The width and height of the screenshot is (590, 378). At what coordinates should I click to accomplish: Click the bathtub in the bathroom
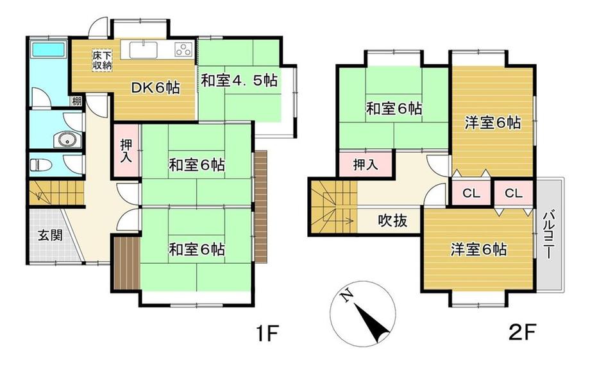(48, 49)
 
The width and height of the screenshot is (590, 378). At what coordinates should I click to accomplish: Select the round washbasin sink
(67, 140)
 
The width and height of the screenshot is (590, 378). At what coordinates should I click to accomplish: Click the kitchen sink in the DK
(144, 50)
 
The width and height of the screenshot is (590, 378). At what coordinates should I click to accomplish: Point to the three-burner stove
(183, 49)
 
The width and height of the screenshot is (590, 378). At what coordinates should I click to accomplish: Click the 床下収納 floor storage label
(103, 60)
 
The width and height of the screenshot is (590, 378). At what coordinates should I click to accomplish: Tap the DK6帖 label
(155, 88)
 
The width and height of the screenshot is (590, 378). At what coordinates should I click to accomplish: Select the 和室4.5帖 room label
(239, 80)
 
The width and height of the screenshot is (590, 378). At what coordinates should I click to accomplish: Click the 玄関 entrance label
(50, 236)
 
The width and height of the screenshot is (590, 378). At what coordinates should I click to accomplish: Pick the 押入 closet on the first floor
(126, 151)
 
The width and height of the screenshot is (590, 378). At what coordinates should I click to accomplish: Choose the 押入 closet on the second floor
(366, 164)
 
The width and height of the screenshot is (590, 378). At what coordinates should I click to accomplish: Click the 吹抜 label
(392, 221)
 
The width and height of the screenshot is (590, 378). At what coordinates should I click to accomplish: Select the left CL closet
(471, 193)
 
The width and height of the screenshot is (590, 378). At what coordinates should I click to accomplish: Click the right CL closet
(514, 193)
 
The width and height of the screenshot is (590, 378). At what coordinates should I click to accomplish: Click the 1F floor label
(267, 333)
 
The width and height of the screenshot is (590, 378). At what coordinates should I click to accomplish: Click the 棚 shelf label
(77, 101)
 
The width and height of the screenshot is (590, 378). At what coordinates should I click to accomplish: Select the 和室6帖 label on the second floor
(394, 109)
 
